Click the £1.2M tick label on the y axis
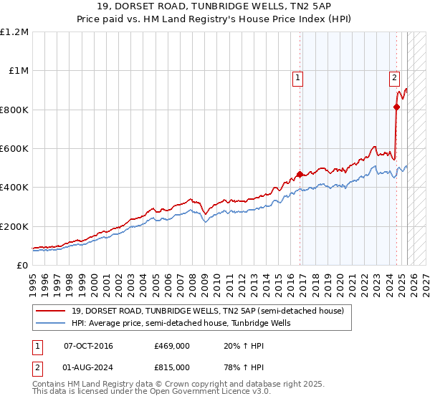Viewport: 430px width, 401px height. coord(14,32)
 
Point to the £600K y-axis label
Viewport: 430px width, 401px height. coord(14,149)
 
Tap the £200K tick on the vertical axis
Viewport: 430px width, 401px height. coord(14,226)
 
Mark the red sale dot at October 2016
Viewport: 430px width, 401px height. coord(300,174)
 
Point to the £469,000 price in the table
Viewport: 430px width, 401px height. coord(172,346)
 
